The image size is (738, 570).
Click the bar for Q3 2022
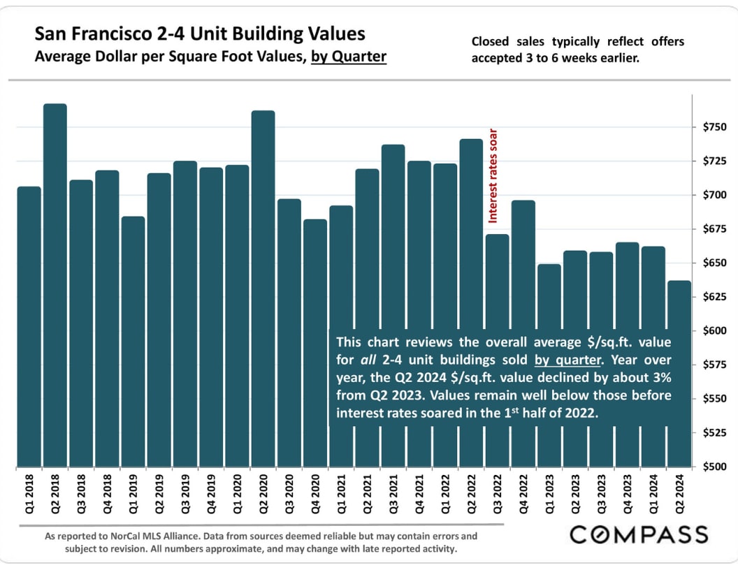point(497,279)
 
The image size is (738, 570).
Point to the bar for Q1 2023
point(549,293)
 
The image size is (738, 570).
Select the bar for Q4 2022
point(523,265)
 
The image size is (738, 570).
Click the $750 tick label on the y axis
point(711,127)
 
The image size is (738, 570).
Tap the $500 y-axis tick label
point(711,467)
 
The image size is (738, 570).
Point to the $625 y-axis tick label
point(711,297)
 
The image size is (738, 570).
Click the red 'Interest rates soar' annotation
point(493,175)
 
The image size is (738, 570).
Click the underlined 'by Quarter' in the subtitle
point(349,57)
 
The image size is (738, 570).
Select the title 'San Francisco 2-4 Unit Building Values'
point(200,34)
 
